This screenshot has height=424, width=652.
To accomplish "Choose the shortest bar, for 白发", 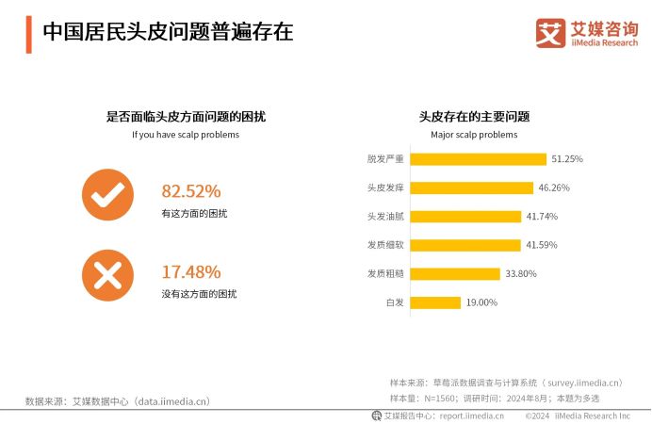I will pos(436,302).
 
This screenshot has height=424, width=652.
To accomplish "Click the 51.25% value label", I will pos(567,159).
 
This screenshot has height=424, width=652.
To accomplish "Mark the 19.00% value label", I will pos(481,302).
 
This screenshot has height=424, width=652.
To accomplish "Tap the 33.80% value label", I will pos(520,274).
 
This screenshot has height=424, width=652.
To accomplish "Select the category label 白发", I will pos(395,302).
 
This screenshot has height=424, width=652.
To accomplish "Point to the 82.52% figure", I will pos(191,190).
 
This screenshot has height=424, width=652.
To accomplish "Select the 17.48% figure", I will pos(191,271).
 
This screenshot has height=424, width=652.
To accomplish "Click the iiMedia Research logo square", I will pos(550,33).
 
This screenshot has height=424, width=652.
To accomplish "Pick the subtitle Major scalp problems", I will pos(474,135).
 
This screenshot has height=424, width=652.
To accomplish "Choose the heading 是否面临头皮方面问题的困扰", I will pos(186,117).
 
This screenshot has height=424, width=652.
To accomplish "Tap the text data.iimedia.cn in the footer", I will pos(170,401).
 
